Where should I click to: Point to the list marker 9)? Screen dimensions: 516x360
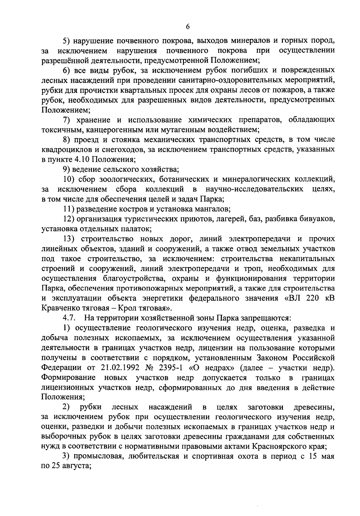(x=66, y=169)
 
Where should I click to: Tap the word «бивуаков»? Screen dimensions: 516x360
(x=317, y=219)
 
